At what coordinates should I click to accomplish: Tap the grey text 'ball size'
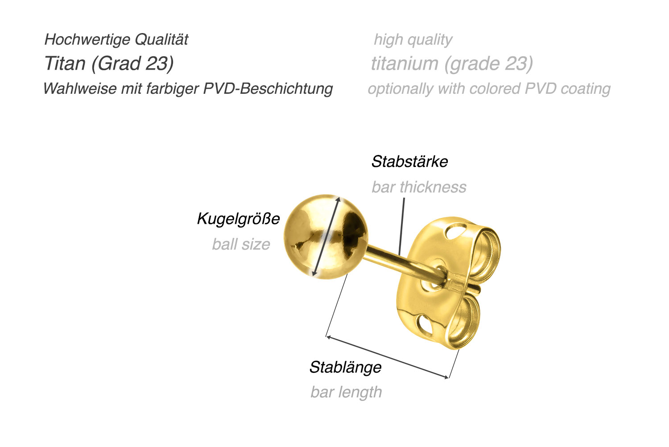point(241,244)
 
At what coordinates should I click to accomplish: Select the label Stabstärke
point(409,162)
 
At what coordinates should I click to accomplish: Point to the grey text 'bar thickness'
point(419,187)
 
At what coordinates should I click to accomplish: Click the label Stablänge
point(346,368)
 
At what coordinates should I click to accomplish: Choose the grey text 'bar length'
point(346,393)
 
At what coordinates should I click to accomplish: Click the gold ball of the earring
point(326,237)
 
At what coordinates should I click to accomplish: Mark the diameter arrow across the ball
point(326,237)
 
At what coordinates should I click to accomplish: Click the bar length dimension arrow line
point(388,357)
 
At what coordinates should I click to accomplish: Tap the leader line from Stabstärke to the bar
point(402,226)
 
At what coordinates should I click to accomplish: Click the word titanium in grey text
point(405,63)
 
